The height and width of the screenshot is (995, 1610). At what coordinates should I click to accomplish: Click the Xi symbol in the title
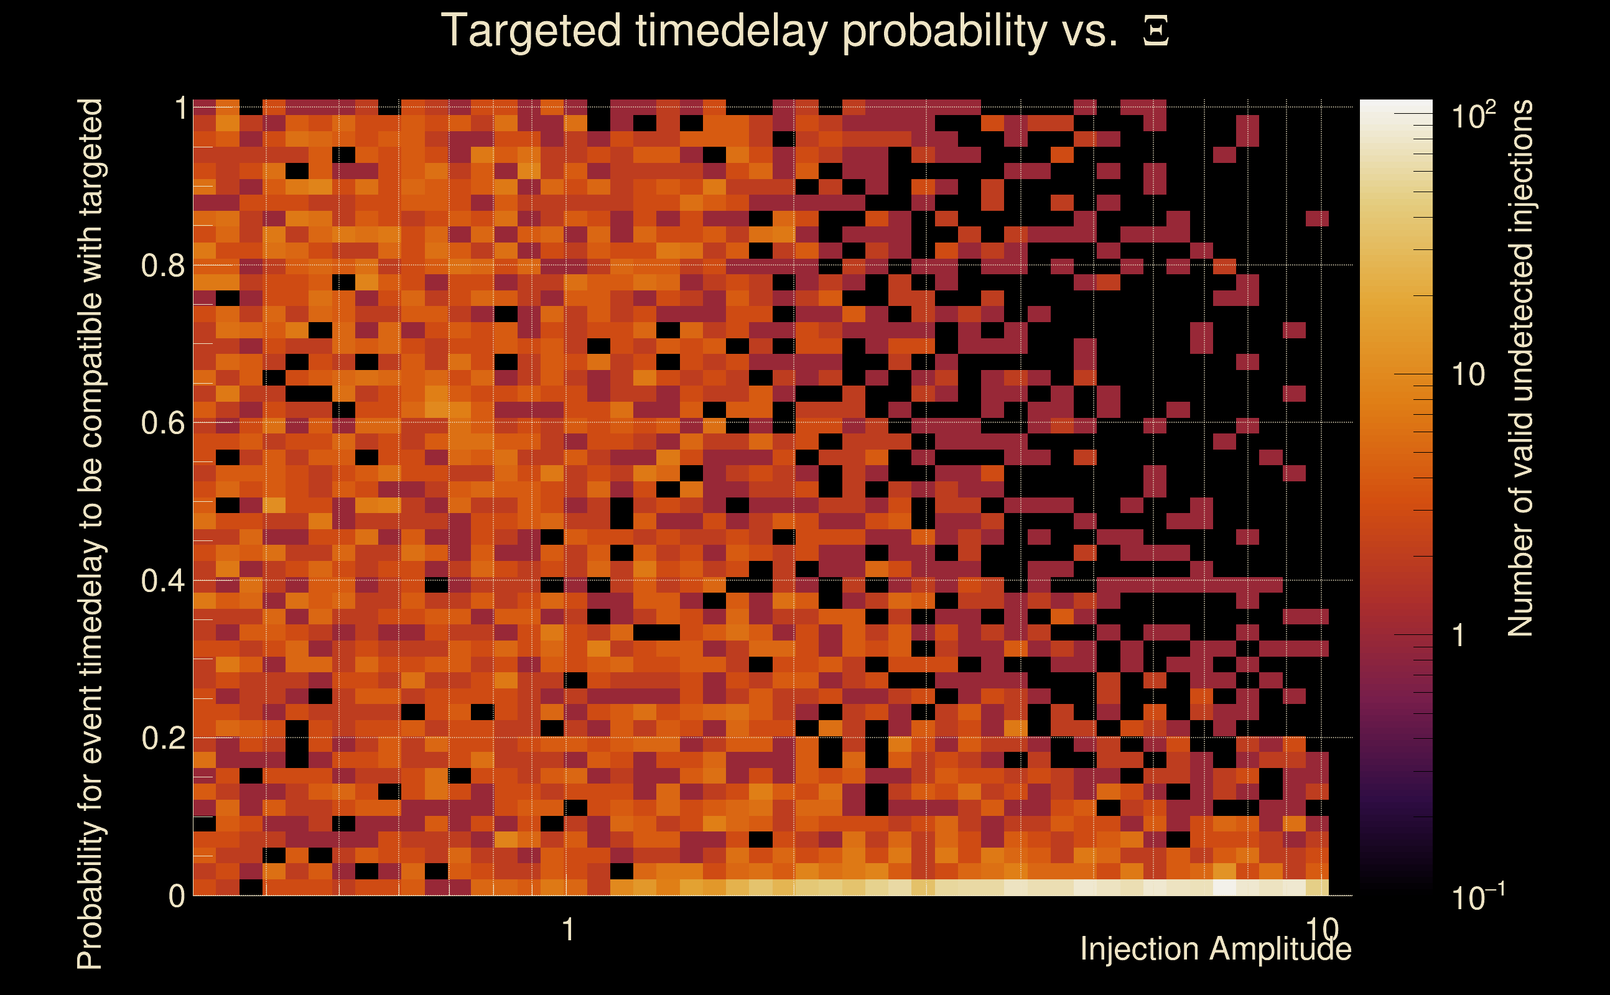coord(1156,31)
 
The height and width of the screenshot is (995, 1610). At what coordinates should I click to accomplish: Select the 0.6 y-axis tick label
coord(163,422)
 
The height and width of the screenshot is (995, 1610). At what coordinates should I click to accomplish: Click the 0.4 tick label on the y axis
coord(163,580)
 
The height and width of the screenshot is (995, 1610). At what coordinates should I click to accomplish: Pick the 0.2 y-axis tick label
coord(163,738)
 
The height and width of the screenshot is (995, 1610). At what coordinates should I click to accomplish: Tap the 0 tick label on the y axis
coord(177,895)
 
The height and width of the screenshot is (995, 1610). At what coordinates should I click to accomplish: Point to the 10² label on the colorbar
coord(1473,115)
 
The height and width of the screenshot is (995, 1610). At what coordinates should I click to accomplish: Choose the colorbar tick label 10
coord(1468,374)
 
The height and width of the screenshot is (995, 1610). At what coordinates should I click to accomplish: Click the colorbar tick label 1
coord(1459,635)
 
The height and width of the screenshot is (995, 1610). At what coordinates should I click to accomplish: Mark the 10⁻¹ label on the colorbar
coord(1477,896)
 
